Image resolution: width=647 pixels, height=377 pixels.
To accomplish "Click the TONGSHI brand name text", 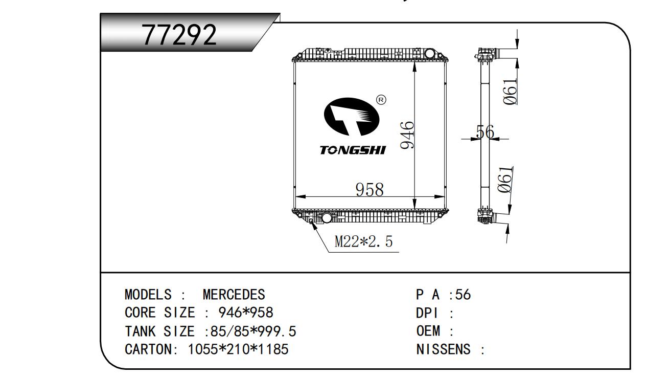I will tap(353, 150).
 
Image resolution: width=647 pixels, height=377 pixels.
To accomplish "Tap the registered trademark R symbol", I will tap(381, 100).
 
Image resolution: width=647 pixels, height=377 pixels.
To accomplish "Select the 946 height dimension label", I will tap(407, 136).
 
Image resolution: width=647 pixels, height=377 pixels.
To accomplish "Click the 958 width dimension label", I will tap(369, 189).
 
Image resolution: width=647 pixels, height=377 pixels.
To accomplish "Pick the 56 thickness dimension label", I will tap(484, 132).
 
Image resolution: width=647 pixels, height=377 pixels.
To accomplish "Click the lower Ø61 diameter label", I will tap(505, 180).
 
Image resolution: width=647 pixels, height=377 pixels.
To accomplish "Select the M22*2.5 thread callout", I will tap(363, 242).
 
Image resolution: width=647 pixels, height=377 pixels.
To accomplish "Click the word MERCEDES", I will tap(234, 295).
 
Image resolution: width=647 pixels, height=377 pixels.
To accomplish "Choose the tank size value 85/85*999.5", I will tap(250, 331).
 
